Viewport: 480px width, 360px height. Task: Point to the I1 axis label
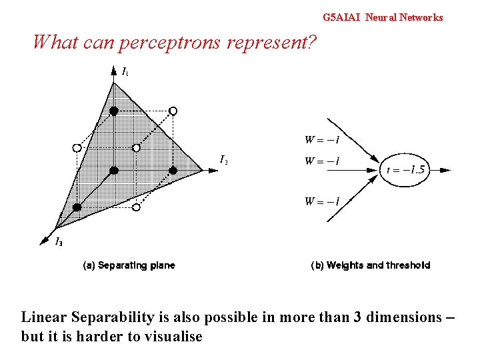[x=125, y=71]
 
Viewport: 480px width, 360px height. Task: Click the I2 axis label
[x=224, y=159]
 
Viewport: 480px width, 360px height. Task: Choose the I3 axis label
[x=59, y=241]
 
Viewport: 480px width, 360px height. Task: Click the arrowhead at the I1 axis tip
[x=114, y=68]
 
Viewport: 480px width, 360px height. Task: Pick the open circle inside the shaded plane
[x=136, y=147]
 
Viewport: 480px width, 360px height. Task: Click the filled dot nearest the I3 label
[x=77, y=207]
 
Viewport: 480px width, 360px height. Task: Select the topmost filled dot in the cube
[x=114, y=110]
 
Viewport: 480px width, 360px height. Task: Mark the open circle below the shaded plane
[x=136, y=208]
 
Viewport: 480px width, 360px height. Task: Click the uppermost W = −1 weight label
[x=323, y=140]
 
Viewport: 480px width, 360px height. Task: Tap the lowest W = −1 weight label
[x=323, y=201]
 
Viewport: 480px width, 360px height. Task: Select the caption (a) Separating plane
[x=129, y=265]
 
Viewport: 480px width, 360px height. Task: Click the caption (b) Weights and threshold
[x=371, y=265]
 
